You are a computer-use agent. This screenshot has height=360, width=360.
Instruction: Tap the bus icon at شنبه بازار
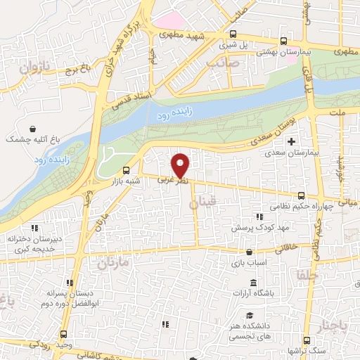tap(126, 169)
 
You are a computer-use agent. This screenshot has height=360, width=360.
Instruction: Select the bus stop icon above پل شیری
tap(233, 34)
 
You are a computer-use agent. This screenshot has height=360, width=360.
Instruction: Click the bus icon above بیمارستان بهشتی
tap(283, 41)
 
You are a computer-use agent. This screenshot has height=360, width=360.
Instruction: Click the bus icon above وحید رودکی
tap(63, 333)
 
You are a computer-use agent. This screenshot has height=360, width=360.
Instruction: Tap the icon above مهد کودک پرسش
tap(259, 217)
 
